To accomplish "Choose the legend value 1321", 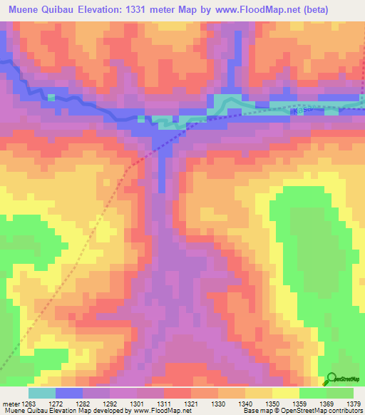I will coord(191,403).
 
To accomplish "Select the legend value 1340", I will coord(245,403).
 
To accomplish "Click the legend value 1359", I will coord(299,403).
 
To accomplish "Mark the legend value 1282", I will coord(83,403).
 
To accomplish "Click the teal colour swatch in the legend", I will coord(42,393).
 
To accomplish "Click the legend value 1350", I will coord(272,403).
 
